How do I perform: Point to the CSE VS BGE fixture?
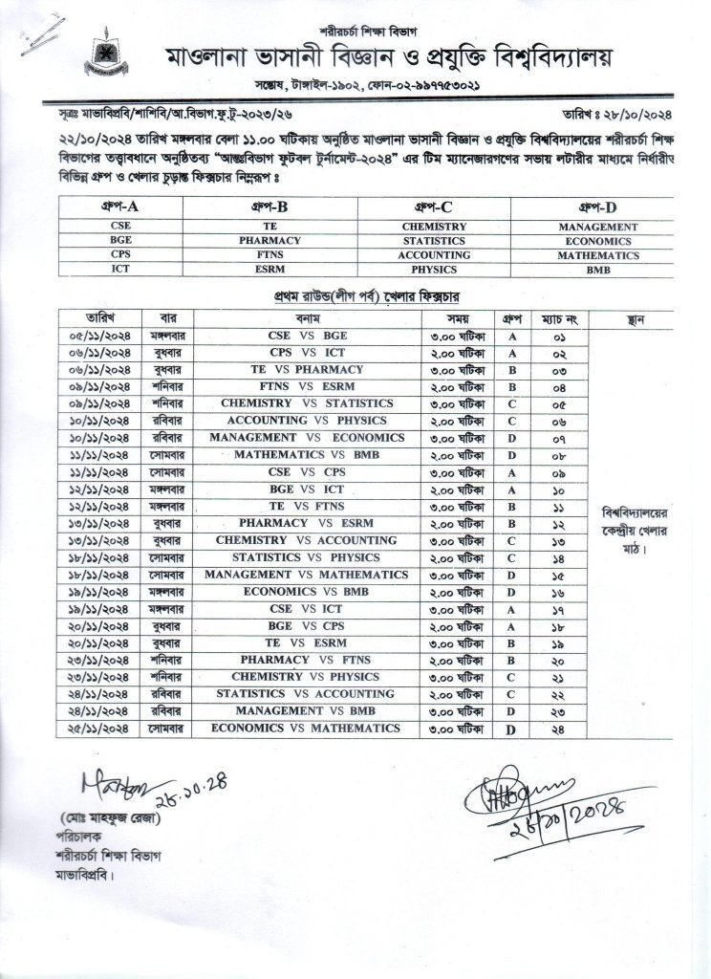click(308, 337)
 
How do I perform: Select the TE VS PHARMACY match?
click(308, 370)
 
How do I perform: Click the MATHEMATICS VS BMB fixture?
click(308, 455)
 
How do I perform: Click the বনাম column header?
click(308, 318)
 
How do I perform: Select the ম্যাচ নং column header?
click(557, 318)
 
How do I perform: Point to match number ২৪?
click(557, 729)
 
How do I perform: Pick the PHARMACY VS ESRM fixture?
click(308, 524)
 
